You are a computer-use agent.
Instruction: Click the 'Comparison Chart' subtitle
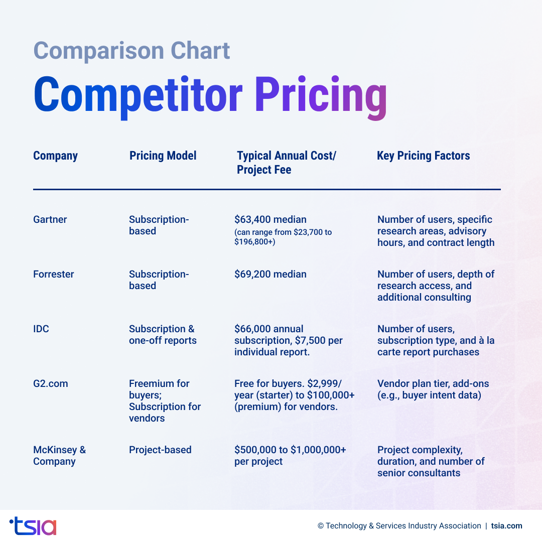[131, 51]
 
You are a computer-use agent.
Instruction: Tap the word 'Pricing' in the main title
[320, 95]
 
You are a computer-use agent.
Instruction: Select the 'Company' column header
[55, 156]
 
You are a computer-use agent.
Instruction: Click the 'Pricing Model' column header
[163, 156]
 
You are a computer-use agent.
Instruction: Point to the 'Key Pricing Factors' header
[423, 156]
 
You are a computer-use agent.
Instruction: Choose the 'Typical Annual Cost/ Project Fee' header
[286, 163]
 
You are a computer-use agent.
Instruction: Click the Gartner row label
[50, 219]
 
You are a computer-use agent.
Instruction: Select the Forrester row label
[53, 274]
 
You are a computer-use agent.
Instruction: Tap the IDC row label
[41, 329]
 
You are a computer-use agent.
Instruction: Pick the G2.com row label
[50, 383]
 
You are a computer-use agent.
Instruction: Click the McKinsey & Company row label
[59, 456]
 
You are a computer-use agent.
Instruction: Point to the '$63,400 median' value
[270, 219]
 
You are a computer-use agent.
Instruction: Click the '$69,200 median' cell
[270, 274]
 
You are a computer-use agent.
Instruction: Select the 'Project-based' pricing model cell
[160, 450]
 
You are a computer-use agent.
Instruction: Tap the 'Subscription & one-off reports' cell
[162, 335]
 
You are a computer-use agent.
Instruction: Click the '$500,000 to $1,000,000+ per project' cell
[290, 456]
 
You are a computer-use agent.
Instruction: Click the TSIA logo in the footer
[33, 526]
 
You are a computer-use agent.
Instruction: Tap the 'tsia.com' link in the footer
[506, 526]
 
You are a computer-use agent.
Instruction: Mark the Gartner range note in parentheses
[283, 237]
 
